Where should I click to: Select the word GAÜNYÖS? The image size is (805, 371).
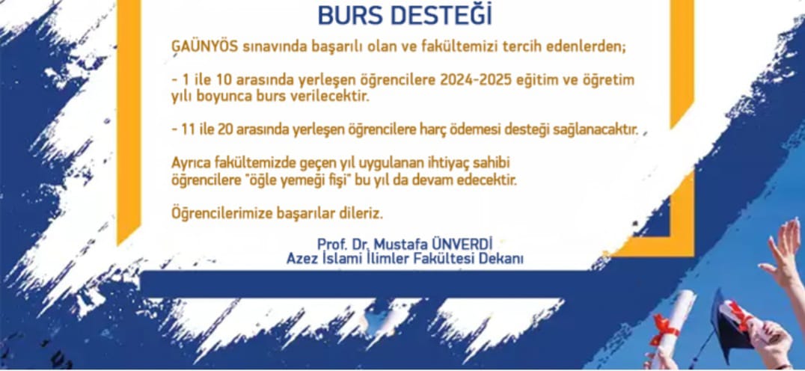(x=204, y=46)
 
